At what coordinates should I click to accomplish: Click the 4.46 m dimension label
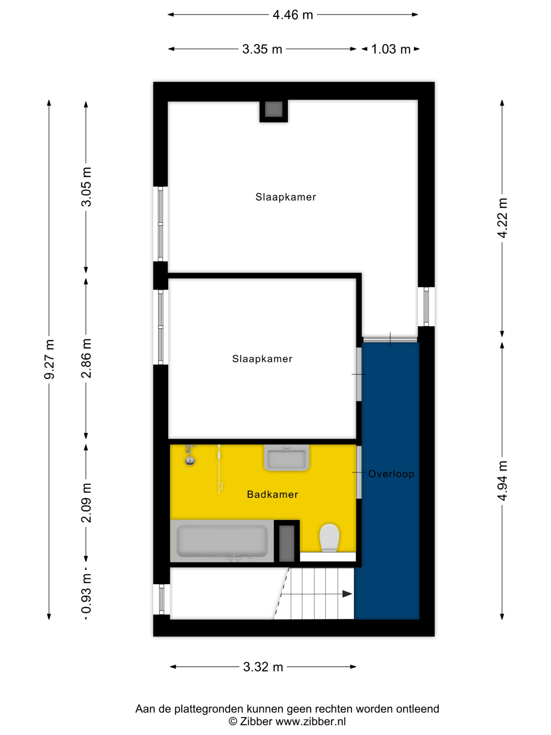tap(293, 15)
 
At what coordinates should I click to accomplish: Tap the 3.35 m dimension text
tap(262, 49)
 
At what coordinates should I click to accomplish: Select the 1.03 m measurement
tap(391, 49)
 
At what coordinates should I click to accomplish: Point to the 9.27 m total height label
tap(49, 359)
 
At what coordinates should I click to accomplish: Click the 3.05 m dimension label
tap(86, 187)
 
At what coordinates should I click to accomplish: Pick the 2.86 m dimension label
tap(86, 358)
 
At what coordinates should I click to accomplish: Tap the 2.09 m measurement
tap(86, 503)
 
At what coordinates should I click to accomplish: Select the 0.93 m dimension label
tap(86, 593)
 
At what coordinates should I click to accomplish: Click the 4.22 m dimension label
tap(502, 218)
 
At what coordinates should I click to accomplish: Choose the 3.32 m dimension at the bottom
tap(263, 667)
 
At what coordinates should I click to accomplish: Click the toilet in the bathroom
tap(329, 538)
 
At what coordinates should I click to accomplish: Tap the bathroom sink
tap(287, 458)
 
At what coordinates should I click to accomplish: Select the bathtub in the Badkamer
tap(222, 541)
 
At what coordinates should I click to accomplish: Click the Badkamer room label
tap(272, 494)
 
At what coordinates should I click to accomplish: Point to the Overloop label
tap(391, 474)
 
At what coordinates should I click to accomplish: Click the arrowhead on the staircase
tap(347, 594)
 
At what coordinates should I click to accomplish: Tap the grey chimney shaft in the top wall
tap(274, 110)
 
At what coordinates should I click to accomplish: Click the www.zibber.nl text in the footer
tap(311, 722)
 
